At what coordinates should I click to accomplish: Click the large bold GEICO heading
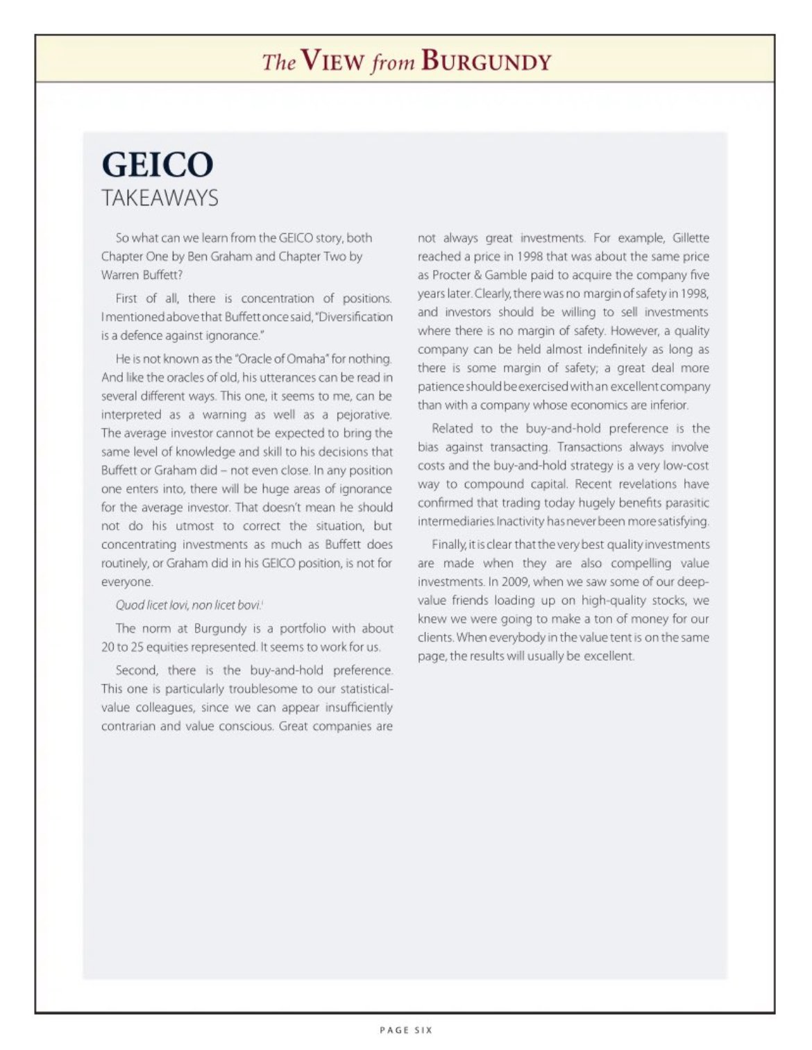tap(158, 165)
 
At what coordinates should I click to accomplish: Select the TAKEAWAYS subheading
tap(160, 198)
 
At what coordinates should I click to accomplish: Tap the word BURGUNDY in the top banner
tap(486, 62)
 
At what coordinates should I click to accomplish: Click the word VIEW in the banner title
tap(332, 62)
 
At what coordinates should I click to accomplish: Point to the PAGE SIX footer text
tap(406, 1030)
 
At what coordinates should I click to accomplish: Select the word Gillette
tap(691, 238)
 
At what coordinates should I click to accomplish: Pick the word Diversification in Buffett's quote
tap(356, 317)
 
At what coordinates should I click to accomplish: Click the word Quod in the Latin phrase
tap(129, 605)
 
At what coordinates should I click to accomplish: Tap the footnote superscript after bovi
tap(262, 602)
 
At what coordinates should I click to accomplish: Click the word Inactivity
tap(523, 521)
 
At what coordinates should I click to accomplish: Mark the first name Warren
tap(119, 275)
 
